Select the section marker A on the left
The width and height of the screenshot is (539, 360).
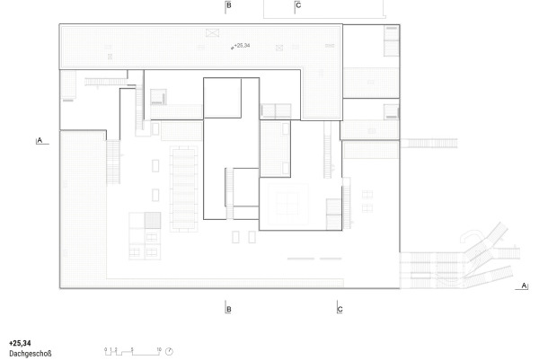pyautogui.click(x=39, y=140)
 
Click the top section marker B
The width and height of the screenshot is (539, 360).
pyautogui.click(x=229, y=6)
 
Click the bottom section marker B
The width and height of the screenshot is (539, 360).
pyautogui.click(x=229, y=310)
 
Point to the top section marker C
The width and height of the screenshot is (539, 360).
pyautogui.click(x=298, y=6)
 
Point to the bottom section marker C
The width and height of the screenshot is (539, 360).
pyautogui.click(x=340, y=310)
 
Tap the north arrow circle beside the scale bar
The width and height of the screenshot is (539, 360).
pyautogui.click(x=169, y=350)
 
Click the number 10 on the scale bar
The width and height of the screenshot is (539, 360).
pyautogui.click(x=158, y=346)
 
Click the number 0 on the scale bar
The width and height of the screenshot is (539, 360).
pyautogui.click(x=105, y=346)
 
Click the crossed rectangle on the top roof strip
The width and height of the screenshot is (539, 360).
pyautogui.click(x=212, y=32)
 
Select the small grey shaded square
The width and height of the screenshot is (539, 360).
pyautogui.click(x=151, y=219)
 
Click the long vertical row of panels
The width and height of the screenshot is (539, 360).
pyautogui.click(x=186, y=188)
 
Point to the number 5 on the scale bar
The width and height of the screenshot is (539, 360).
pyautogui.click(x=133, y=346)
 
